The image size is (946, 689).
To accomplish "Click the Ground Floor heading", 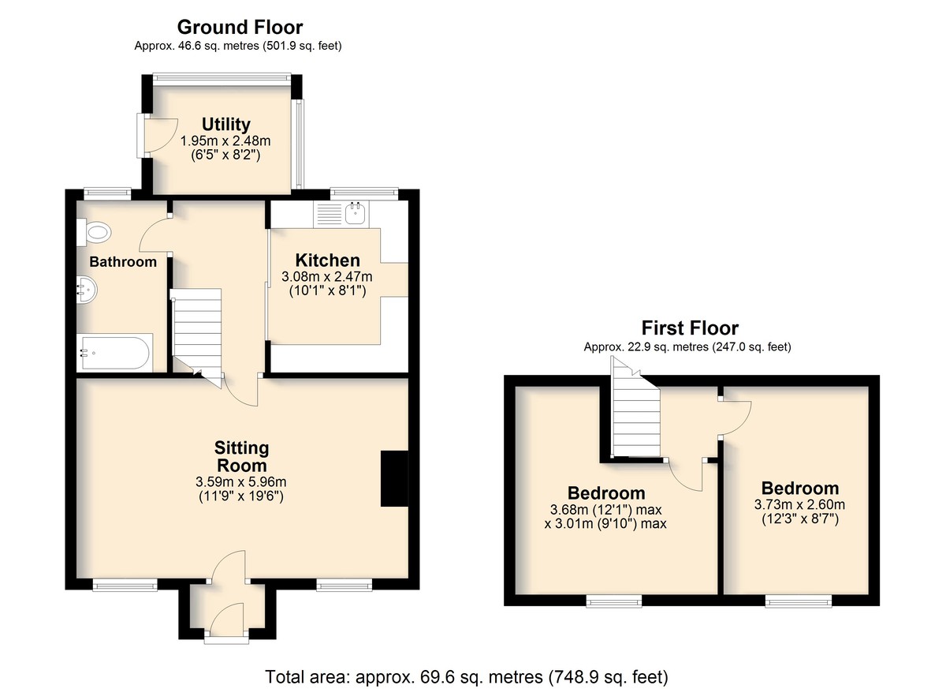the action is pyautogui.click(x=240, y=28).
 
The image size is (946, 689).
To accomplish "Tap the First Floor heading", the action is pyautogui.click(x=690, y=328).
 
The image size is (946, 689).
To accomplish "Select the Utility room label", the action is pyautogui.click(x=226, y=124).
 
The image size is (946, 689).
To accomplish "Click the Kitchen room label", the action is pyautogui.click(x=328, y=260).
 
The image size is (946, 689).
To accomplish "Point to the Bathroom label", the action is pyautogui.click(x=123, y=262).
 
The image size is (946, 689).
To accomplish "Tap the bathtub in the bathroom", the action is pyautogui.click(x=114, y=353).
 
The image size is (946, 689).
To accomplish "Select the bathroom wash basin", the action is pyautogui.click(x=87, y=290).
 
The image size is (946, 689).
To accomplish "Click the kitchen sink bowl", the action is pyautogui.click(x=355, y=213).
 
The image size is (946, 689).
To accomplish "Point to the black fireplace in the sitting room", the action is pyautogui.click(x=394, y=478).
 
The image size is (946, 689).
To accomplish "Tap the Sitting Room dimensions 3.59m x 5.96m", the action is pyautogui.click(x=241, y=482).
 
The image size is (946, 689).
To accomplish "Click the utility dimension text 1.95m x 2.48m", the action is pyautogui.click(x=225, y=141).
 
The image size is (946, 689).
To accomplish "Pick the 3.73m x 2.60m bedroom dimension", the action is pyautogui.click(x=800, y=504).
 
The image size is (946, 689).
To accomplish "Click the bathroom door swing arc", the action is pyautogui.click(x=150, y=234).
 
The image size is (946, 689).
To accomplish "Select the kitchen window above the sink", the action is pyautogui.click(x=364, y=193).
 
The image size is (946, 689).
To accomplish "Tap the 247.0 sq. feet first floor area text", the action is pyautogui.click(x=751, y=347).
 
